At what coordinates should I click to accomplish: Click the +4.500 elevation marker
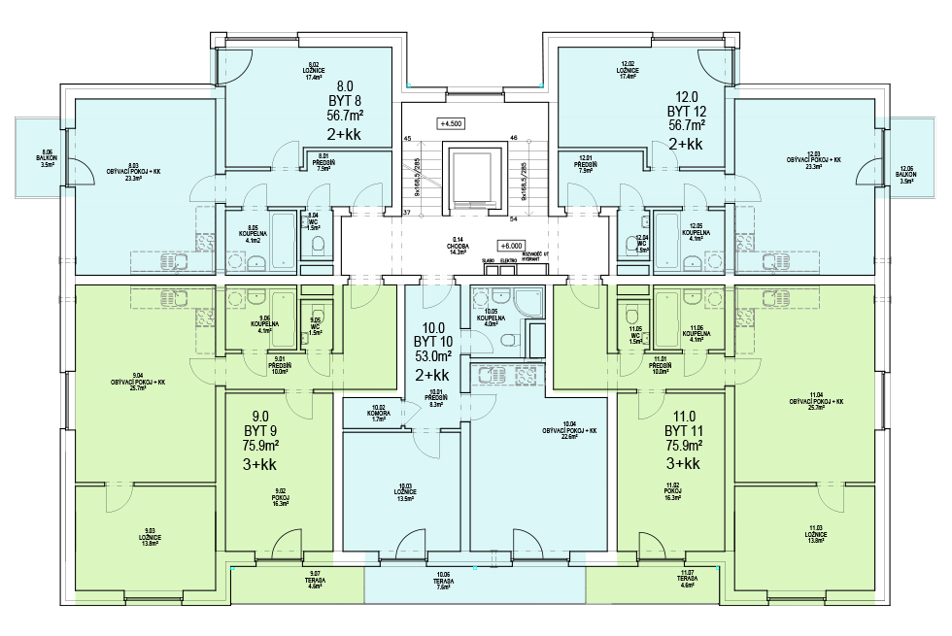(x=451, y=124)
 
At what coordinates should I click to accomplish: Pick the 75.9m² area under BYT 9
(x=260, y=446)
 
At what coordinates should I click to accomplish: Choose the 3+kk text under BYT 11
(x=682, y=464)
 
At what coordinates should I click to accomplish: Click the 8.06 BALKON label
(x=47, y=161)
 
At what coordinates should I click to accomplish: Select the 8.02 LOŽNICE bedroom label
(x=313, y=70)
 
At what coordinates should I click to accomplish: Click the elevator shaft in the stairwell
(x=475, y=176)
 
